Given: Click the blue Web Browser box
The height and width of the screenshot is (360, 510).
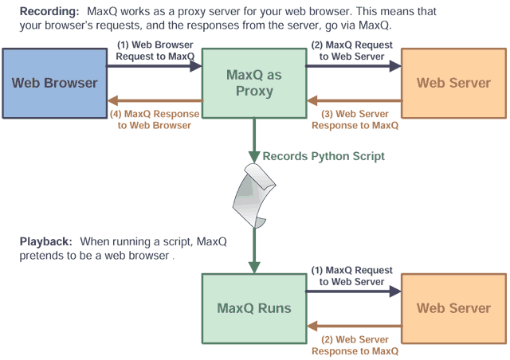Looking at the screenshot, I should [x=53, y=83].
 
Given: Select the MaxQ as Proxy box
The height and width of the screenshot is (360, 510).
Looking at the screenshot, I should [x=254, y=83].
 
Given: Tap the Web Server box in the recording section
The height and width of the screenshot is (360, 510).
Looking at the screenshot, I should [x=453, y=83].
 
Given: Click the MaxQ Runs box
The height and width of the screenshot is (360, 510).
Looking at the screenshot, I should [x=254, y=308].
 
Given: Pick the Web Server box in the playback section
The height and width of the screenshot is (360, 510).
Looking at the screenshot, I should [x=453, y=308].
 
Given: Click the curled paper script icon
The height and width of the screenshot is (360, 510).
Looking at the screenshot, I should [x=254, y=194].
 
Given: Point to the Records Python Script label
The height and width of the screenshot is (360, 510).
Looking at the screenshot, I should [x=323, y=156].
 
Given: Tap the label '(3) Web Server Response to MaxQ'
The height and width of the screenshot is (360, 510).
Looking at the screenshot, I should [x=355, y=119].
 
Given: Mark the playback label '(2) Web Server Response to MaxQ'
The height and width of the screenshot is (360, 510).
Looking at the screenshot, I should [x=355, y=345].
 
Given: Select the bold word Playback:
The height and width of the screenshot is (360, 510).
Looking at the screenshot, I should [x=45, y=241].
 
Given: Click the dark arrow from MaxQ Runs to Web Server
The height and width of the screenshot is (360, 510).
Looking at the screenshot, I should [x=353, y=292].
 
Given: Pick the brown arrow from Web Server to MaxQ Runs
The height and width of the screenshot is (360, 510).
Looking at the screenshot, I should [x=353, y=327].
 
